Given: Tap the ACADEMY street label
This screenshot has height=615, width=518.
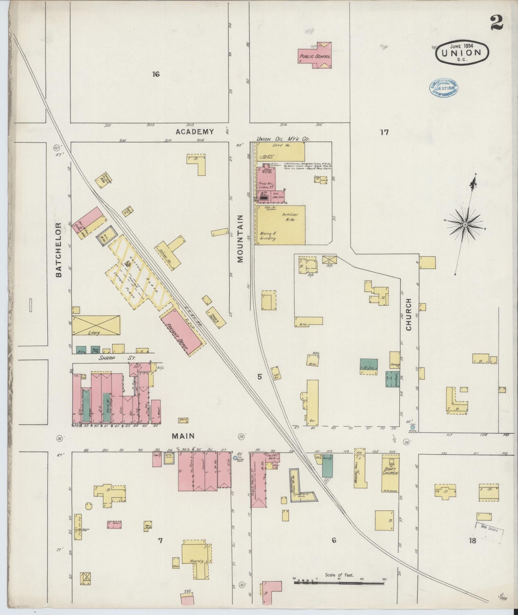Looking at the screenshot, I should click(x=195, y=131).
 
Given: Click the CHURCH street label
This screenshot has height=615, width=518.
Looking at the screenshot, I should click(x=408, y=314).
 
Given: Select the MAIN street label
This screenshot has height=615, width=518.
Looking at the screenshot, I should click(x=183, y=436).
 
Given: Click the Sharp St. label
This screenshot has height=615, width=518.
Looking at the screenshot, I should click(x=117, y=358).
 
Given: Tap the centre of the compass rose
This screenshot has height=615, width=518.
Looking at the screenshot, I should click(x=465, y=224).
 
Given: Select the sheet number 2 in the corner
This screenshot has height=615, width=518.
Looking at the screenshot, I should click(x=496, y=23).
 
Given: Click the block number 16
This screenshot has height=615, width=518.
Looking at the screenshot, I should click(x=156, y=74).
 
